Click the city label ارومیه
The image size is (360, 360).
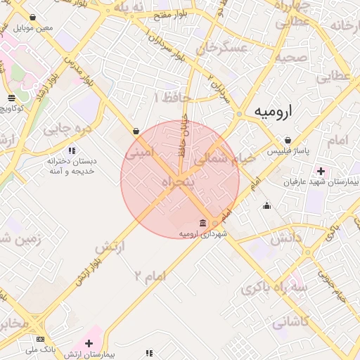(274, 111)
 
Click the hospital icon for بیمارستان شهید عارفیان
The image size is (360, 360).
(321, 171)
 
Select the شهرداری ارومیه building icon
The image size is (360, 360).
(203, 223)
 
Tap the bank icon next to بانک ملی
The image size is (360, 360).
(40, 339)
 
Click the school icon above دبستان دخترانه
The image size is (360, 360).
(72, 150)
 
